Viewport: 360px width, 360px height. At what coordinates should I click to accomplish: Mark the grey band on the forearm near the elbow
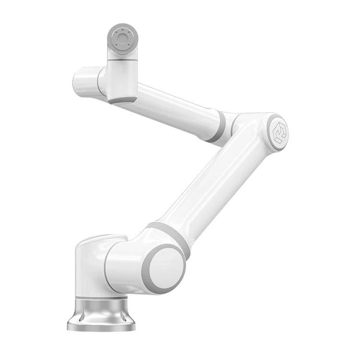(217, 127)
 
